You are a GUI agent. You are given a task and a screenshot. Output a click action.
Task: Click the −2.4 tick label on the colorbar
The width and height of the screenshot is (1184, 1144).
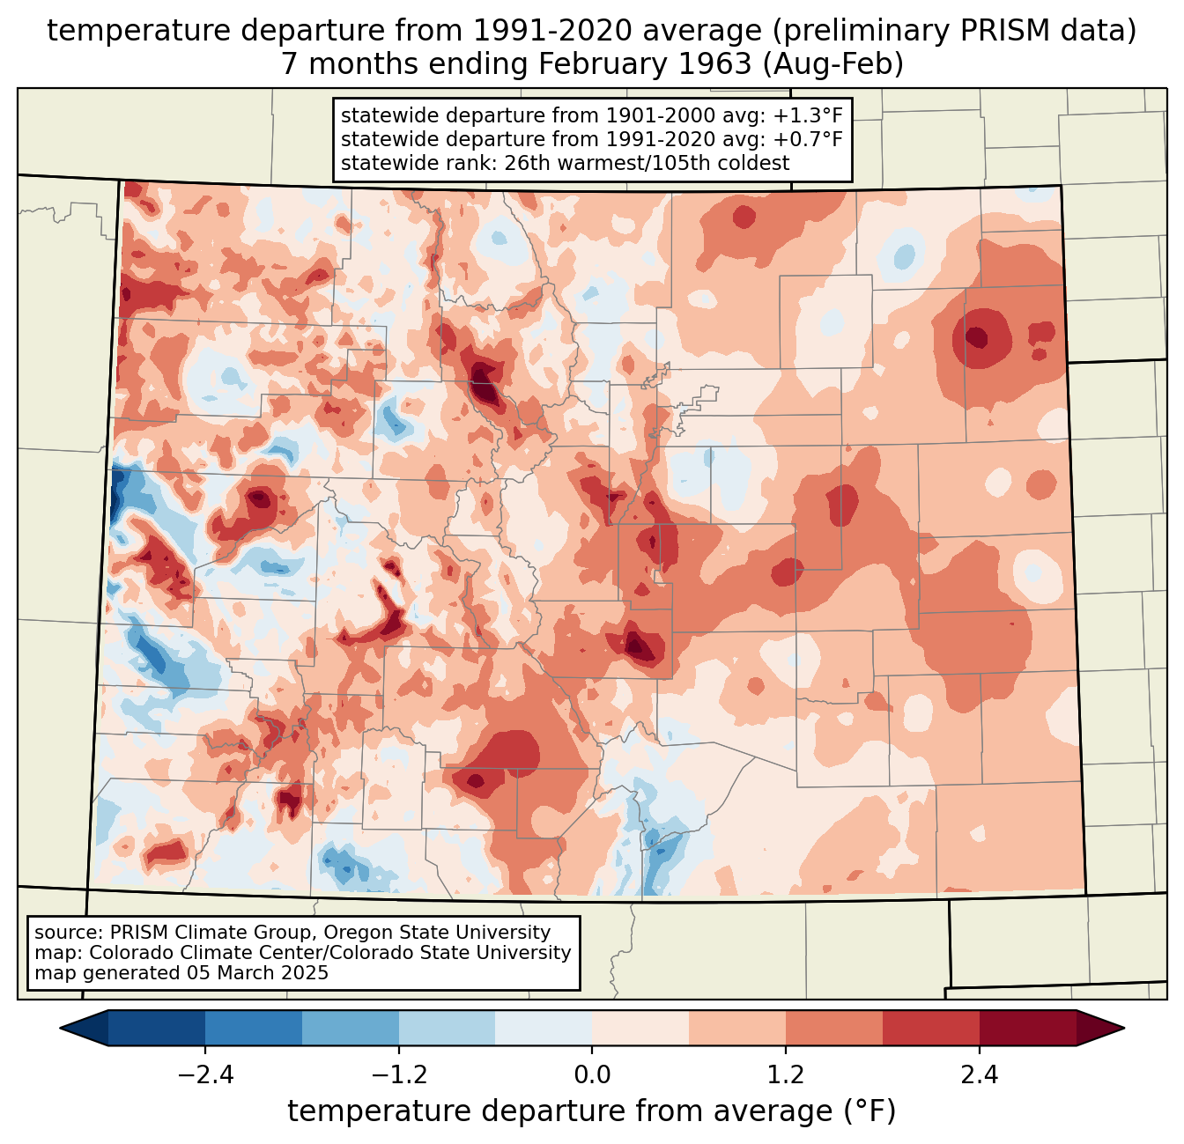pyautogui.click(x=205, y=1075)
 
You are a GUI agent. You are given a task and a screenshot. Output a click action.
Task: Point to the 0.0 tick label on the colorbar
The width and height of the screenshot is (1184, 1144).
pyautogui.click(x=592, y=1075)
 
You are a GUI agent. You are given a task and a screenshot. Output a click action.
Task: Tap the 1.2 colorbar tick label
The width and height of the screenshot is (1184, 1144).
pyautogui.click(x=786, y=1075)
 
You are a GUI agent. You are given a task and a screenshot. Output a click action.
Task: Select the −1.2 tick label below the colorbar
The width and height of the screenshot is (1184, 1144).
pyautogui.click(x=398, y=1075)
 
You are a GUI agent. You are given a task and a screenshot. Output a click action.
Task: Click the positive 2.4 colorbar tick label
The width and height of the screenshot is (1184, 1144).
pyautogui.click(x=979, y=1075)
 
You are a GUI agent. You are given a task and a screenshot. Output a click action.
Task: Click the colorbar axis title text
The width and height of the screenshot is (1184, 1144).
pyautogui.click(x=591, y=1111)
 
